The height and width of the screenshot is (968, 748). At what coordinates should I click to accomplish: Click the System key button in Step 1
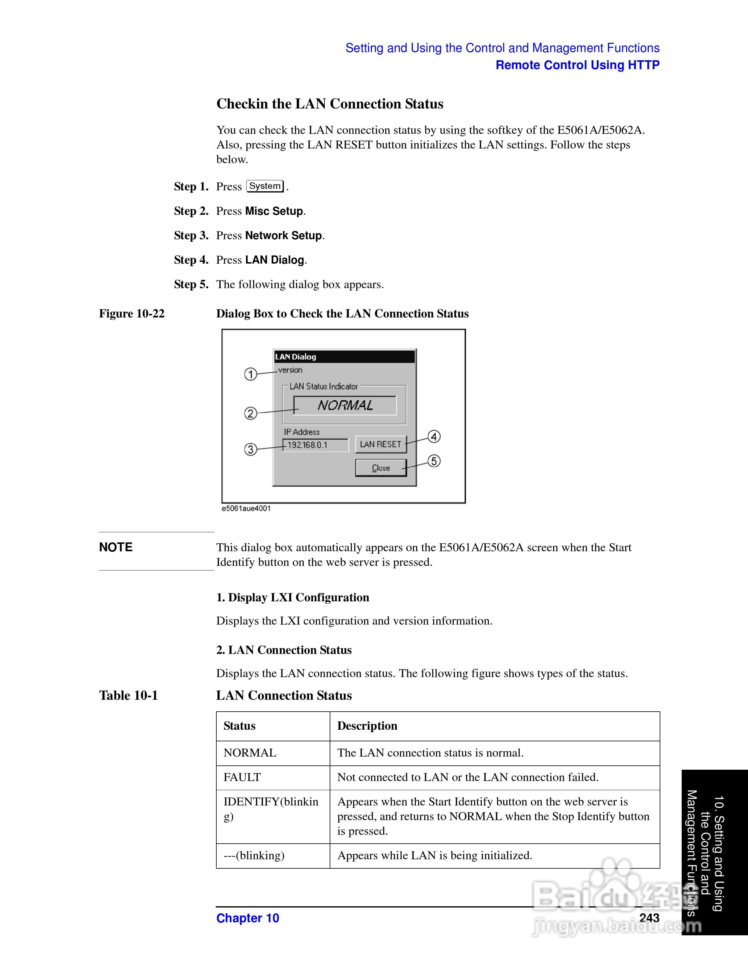[x=265, y=186]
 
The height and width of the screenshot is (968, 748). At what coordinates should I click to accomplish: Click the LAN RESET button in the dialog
[x=381, y=444]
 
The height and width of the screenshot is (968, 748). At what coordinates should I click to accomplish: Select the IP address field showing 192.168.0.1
[x=315, y=445]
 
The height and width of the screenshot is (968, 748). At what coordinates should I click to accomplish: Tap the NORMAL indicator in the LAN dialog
[x=345, y=405]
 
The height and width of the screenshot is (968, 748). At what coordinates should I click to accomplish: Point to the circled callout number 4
[x=434, y=437]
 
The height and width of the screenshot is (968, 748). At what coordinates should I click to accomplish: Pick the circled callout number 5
[x=434, y=461]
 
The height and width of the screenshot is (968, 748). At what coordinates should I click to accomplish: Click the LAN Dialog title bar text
[x=295, y=357]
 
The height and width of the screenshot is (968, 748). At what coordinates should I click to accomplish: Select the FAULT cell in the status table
[x=242, y=777]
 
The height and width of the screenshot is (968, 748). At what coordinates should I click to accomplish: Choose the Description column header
[x=367, y=726]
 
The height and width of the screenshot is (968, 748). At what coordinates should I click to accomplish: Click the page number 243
[x=649, y=918]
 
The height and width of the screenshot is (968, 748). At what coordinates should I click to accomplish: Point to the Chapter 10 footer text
[x=248, y=918]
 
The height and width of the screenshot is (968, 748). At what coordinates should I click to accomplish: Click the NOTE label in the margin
[x=116, y=547]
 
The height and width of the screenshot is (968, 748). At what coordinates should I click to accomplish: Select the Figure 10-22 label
[x=132, y=313]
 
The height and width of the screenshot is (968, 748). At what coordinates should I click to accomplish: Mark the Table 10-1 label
[x=129, y=695]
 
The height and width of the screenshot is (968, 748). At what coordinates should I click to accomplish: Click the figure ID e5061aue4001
[x=246, y=508]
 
